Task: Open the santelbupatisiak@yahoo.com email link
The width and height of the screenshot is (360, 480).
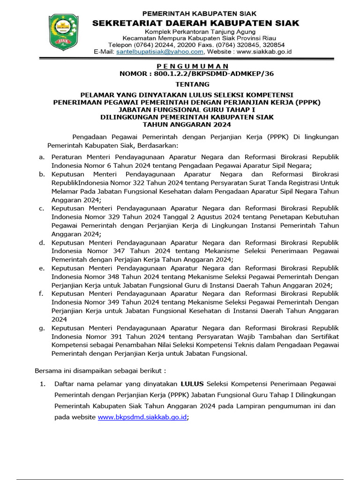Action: coord(159,52)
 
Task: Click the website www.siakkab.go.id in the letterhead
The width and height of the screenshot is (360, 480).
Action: coord(264,52)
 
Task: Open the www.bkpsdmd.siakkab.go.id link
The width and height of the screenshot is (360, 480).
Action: coord(142,417)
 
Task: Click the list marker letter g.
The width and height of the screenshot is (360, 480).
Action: coord(42,328)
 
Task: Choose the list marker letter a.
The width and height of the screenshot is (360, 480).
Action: coord(42,157)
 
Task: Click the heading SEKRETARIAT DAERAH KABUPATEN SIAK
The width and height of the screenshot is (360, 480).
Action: coord(195,23)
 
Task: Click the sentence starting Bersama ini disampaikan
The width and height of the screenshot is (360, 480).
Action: coord(100,370)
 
